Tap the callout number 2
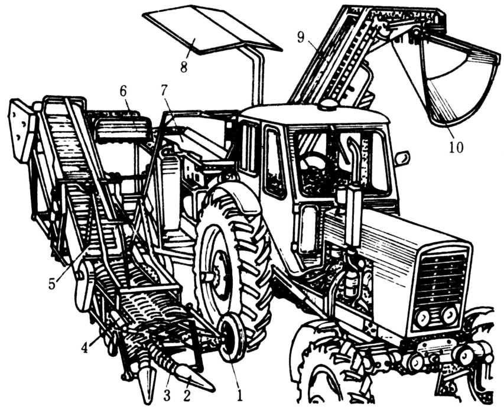(x=187, y=395)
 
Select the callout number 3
(x=167, y=395)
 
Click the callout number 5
(x=52, y=284)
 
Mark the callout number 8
(x=184, y=67)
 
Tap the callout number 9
(x=301, y=37)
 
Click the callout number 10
(x=456, y=148)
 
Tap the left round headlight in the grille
(x=422, y=317)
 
